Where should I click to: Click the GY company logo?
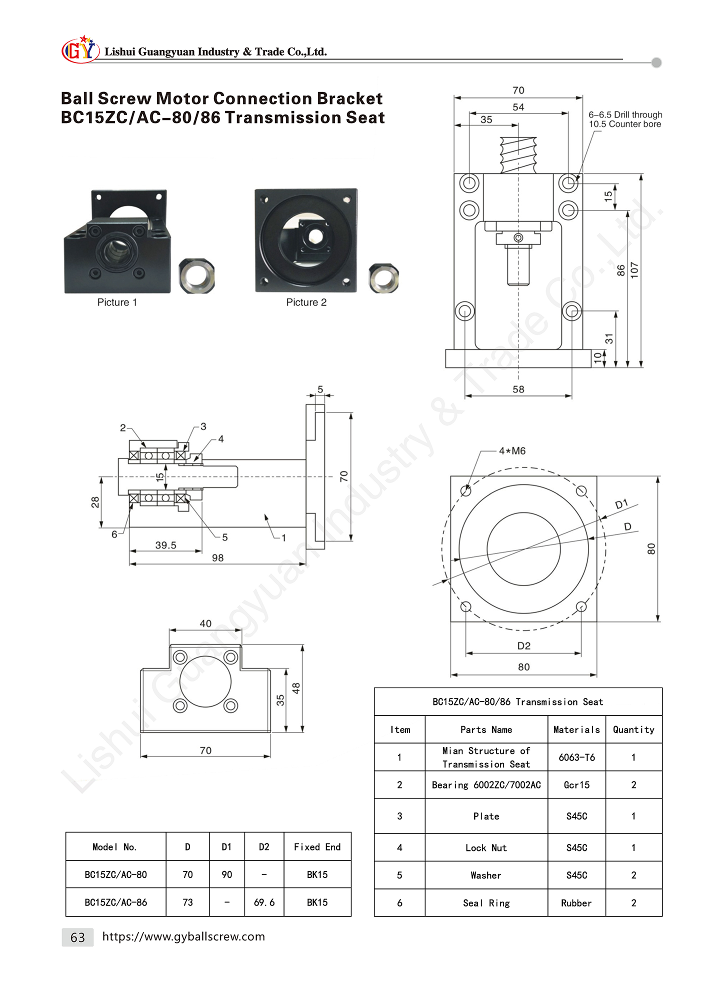click(x=80, y=49)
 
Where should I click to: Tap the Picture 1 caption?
click(x=117, y=302)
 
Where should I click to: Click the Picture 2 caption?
click(x=306, y=302)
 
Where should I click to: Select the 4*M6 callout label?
click(x=512, y=451)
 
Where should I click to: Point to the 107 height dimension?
click(x=634, y=270)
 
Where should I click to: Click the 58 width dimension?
click(x=518, y=389)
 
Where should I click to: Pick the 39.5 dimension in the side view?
click(x=165, y=545)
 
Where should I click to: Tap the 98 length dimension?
click(x=217, y=558)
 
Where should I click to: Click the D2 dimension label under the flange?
click(x=524, y=646)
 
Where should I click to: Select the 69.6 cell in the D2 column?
click(x=264, y=902)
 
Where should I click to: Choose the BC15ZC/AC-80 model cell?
click(x=116, y=874)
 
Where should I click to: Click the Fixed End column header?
click(x=317, y=847)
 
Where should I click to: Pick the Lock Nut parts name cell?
click(x=486, y=848)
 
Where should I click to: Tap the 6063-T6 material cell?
click(x=577, y=757)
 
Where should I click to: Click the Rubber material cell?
click(x=576, y=903)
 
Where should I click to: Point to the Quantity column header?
click(x=633, y=730)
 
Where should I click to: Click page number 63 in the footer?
click(x=77, y=937)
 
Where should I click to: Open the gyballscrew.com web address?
click(x=183, y=936)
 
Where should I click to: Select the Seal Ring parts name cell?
click(x=486, y=903)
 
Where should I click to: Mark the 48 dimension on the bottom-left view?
click(x=296, y=688)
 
